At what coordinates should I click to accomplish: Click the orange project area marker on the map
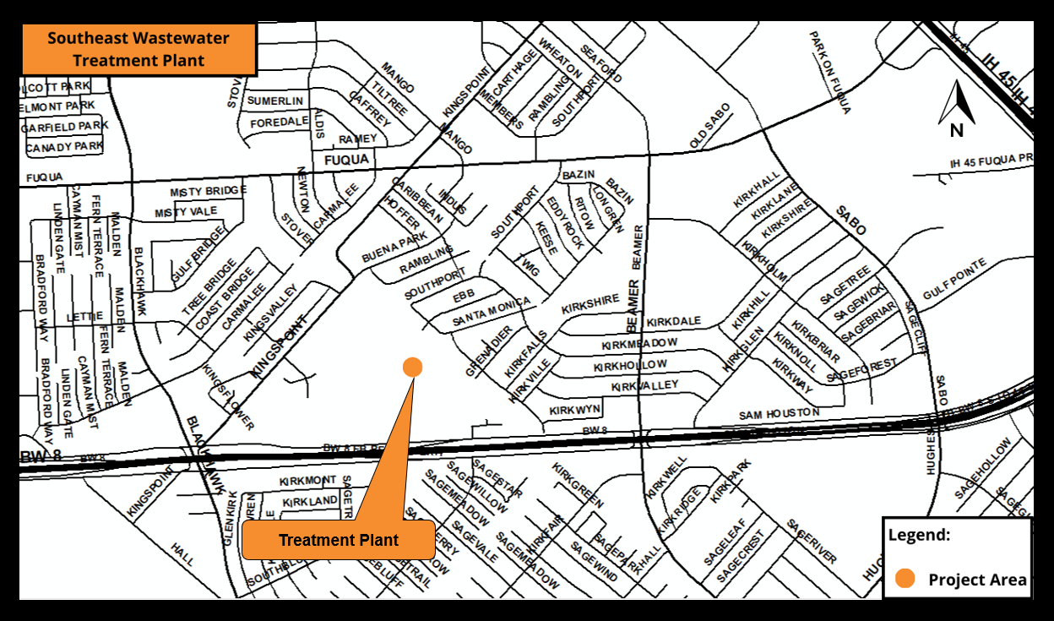point(412,366)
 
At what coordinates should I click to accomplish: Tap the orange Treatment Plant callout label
point(338,541)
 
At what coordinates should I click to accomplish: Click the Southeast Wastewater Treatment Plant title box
point(138,50)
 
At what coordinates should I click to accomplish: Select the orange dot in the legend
point(905,579)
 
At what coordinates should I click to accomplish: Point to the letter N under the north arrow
point(956,130)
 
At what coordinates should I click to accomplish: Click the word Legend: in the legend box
point(919,535)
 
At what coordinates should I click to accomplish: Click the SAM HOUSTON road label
point(779,414)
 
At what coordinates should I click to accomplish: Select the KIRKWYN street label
point(574,410)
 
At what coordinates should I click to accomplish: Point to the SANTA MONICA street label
point(492,313)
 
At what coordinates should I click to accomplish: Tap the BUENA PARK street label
point(394,245)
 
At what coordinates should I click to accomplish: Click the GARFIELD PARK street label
point(65,127)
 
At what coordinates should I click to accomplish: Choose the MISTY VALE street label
point(186,212)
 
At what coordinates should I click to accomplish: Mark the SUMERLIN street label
point(274,101)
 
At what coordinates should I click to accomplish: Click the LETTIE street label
point(84,317)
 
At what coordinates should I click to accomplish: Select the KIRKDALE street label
point(674,322)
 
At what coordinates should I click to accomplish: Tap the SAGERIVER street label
point(812,542)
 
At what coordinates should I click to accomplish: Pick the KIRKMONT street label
point(307,480)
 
